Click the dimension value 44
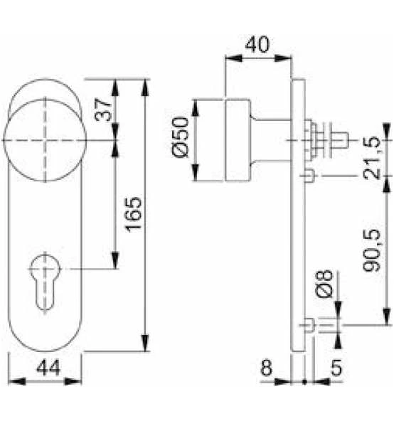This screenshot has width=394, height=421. click(48, 368)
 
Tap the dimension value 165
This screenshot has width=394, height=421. click(133, 215)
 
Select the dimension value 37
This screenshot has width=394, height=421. click(103, 110)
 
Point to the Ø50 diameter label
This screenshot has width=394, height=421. click(180, 137)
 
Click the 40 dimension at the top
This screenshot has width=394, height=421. click(257, 45)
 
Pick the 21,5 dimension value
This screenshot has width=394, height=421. click(371, 158)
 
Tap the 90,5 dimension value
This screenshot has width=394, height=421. click(371, 250)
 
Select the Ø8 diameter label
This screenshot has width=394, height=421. click(324, 284)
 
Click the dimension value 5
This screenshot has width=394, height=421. click(336, 368)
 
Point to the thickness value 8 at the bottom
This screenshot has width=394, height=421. click(267, 368)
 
